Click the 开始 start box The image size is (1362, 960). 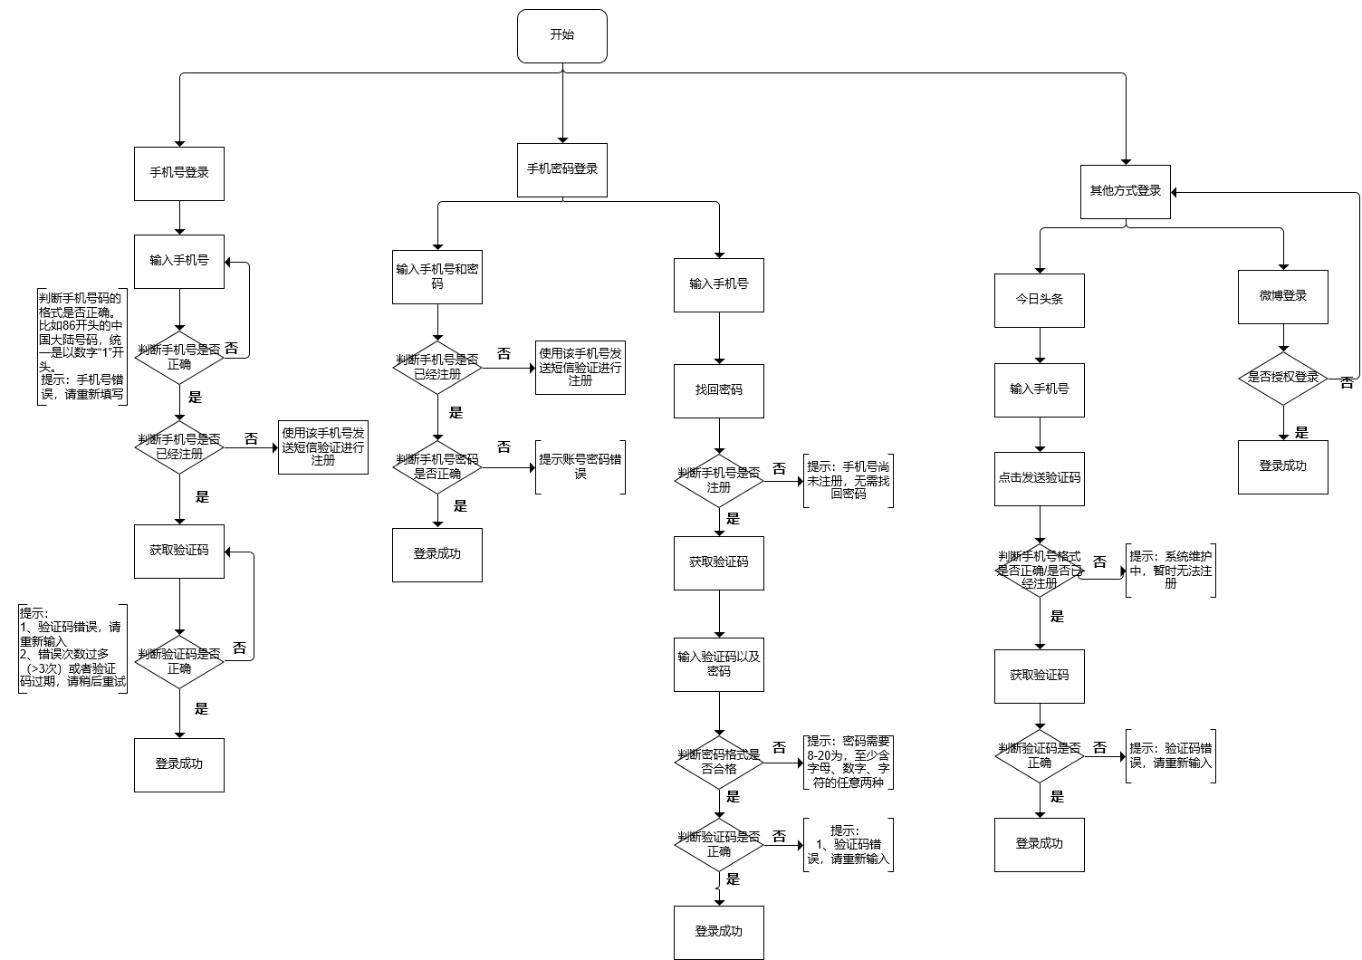pyautogui.click(x=561, y=36)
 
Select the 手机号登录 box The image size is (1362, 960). pyautogui.click(x=179, y=173)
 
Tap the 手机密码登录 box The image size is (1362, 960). pyautogui.click(x=561, y=169)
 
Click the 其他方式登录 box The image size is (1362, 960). pyautogui.click(x=1126, y=191)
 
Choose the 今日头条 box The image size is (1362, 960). pyautogui.click(x=1039, y=300)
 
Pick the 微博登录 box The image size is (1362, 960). pyautogui.click(x=1282, y=296)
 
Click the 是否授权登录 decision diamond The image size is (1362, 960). pyautogui.click(x=1282, y=378)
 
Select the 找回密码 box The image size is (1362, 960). pyautogui.click(x=718, y=390)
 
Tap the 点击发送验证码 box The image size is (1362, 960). pyautogui.click(x=1039, y=478)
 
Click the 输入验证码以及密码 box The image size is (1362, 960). pyautogui.click(x=718, y=665)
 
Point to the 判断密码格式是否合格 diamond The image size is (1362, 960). pyautogui.click(x=718, y=762)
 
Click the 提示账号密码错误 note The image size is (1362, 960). pyautogui.click(x=580, y=466)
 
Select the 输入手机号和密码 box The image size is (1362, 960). pyautogui.click(x=437, y=276)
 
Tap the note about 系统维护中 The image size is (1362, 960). pyautogui.click(x=1170, y=571)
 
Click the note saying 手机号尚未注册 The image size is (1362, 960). pyautogui.click(x=849, y=481)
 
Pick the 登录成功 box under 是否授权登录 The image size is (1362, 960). pyautogui.click(x=1282, y=466)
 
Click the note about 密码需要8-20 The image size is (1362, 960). pyautogui.click(x=849, y=762)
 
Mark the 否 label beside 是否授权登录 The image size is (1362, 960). pyautogui.click(x=1347, y=384)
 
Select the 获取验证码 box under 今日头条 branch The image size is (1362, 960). pyautogui.click(x=1039, y=676)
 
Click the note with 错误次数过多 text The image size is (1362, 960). pyautogui.click(x=72, y=648)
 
